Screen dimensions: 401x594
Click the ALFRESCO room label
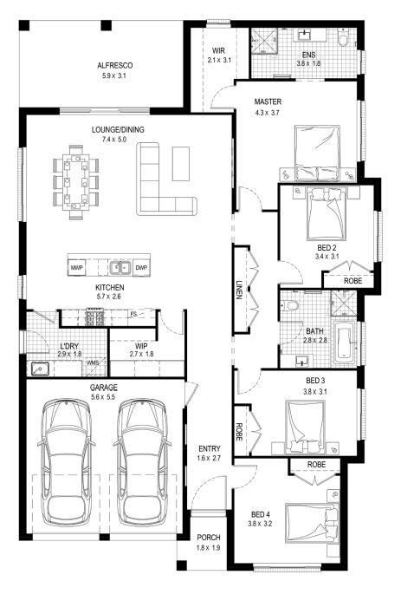[x=115, y=66]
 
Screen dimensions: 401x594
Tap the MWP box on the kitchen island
[x=77, y=267]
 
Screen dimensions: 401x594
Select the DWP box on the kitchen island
[x=141, y=267]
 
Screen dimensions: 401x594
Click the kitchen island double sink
[x=120, y=267]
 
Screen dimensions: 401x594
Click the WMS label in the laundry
[x=93, y=362]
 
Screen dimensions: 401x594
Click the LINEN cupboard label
[x=239, y=290]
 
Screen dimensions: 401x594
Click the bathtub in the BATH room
[x=345, y=343]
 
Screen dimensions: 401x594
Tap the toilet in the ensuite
[x=343, y=38]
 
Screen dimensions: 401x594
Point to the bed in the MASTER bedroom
[x=317, y=153]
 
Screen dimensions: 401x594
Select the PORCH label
[x=209, y=537]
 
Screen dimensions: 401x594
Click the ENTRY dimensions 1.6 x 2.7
[x=210, y=458]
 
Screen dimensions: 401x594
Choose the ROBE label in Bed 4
[x=316, y=465]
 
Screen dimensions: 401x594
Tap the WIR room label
[x=218, y=50]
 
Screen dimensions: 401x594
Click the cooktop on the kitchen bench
[x=94, y=317]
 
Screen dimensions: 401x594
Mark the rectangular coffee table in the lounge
[x=181, y=164]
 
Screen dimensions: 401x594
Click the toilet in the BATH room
[x=290, y=305]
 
